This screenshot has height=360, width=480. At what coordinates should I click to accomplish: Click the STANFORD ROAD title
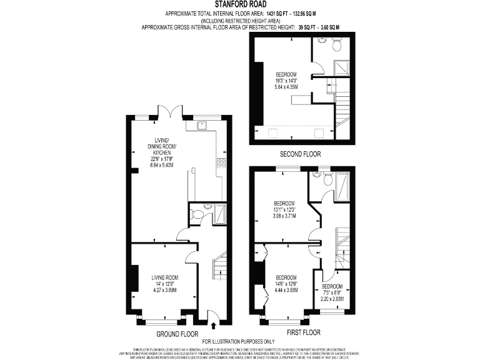[x=240, y=4]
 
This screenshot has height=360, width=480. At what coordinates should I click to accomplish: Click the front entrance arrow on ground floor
[x=215, y=324]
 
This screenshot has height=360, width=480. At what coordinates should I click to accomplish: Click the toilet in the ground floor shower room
[x=197, y=214]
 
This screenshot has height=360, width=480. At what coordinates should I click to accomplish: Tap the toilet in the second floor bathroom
[x=336, y=44]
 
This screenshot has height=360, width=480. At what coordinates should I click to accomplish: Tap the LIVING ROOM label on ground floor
[x=165, y=277]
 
